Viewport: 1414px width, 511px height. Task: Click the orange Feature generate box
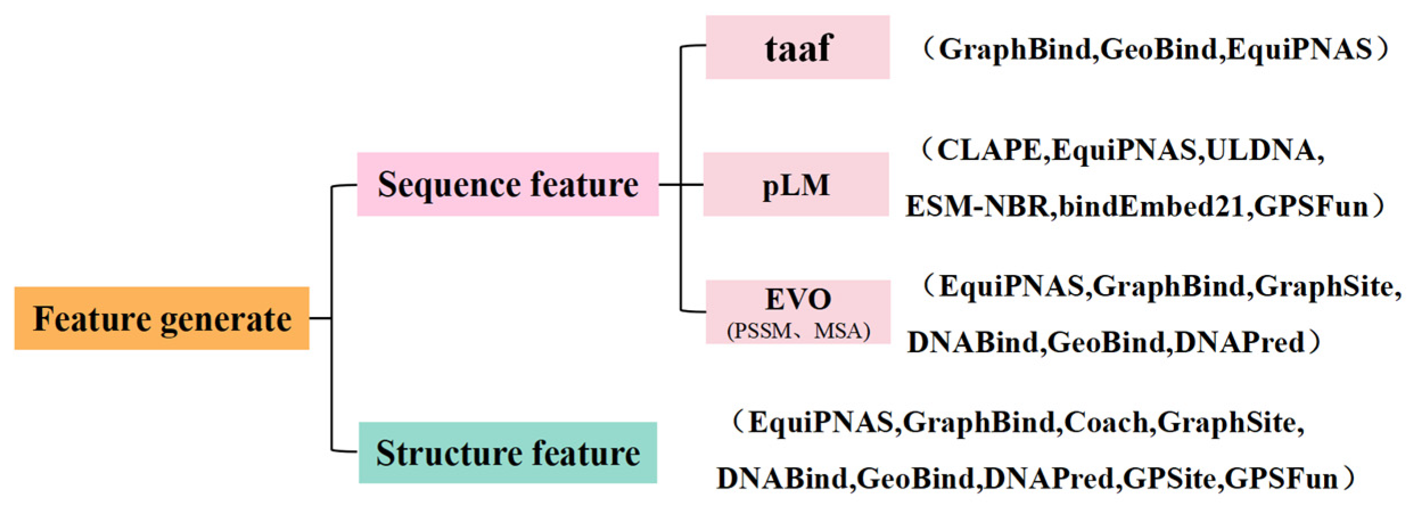[162, 318]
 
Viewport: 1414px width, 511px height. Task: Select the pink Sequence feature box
[508, 184]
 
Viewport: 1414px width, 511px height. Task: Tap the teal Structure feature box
[508, 453]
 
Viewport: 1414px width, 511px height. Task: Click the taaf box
[798, 47]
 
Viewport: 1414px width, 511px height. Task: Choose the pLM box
[796, 184]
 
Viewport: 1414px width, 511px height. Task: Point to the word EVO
[798, 299]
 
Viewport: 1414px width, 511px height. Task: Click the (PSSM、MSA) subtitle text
[798, 331]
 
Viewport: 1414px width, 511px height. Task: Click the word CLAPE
[989, 151]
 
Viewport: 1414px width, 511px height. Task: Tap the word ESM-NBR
[976, 206]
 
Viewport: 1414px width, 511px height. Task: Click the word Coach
[1107, 423]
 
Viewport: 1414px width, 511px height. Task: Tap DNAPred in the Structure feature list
[1049, 479]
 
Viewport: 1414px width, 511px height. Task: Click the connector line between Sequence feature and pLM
[681, 184]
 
